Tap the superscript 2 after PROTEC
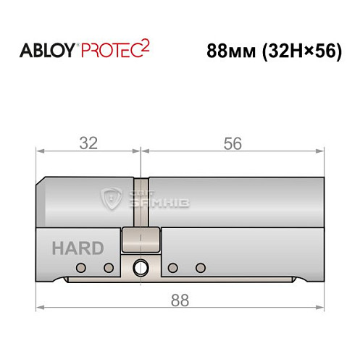click(x=145, y=46)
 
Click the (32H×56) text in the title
click(x=298, y=53)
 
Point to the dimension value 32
click(x=88, y=143)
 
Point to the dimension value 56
click(x=232, y=143)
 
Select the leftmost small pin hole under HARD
click(x=81, y=269)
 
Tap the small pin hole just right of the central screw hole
click(x=172, y=269)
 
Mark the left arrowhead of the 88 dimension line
click(x=40, y=307)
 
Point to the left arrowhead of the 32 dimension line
click(x=40, y=152)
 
